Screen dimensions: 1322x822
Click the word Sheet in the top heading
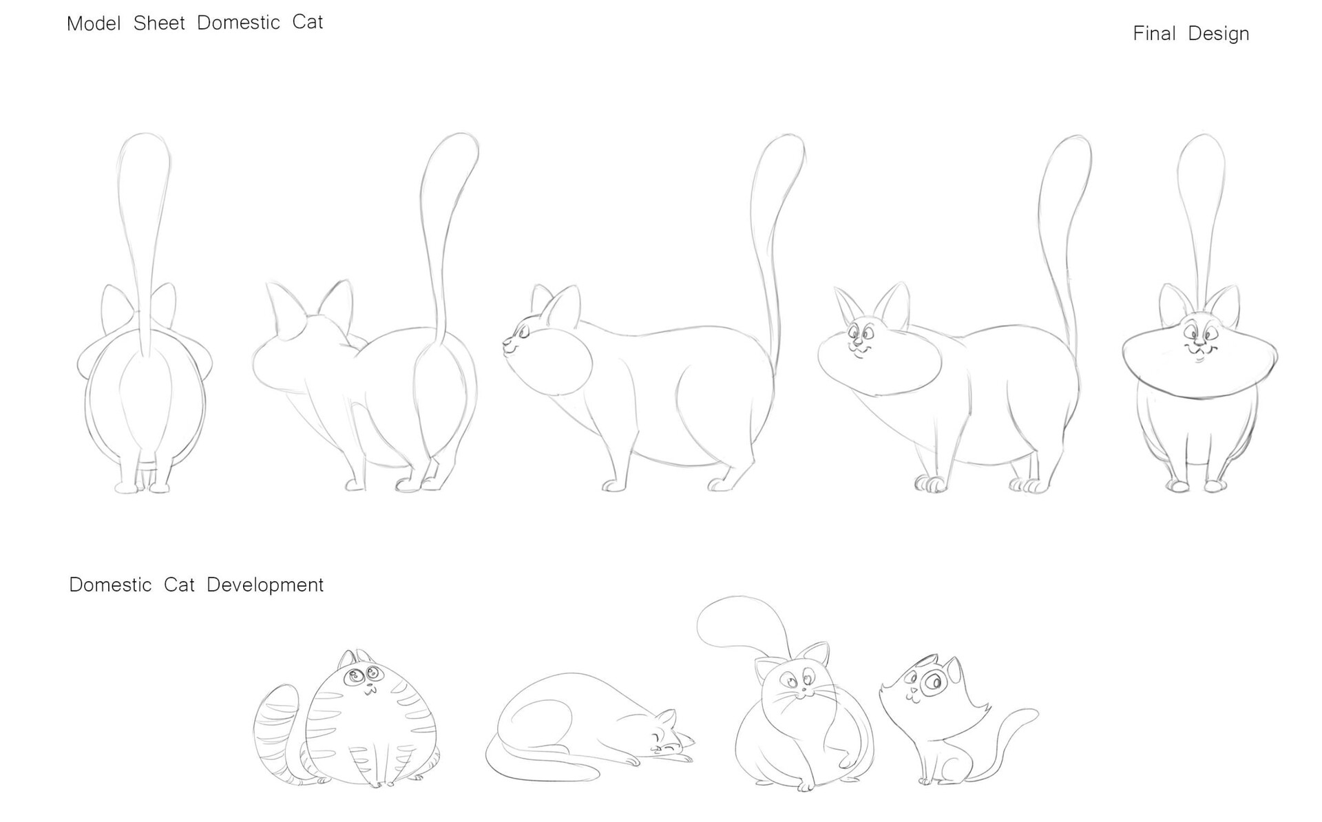tap(159, 23)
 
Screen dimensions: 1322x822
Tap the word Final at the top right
tap(1155, 33)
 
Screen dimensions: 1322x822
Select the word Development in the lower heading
tap(265, 585)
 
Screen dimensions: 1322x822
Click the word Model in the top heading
tap(94, 23)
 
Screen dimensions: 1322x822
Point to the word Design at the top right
tap(1219, 34)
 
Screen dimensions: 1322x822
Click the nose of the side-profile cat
tap(505, 340)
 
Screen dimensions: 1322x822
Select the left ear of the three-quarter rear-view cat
tap(283, 308)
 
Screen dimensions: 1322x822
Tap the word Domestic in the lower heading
tap(110, 585)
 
